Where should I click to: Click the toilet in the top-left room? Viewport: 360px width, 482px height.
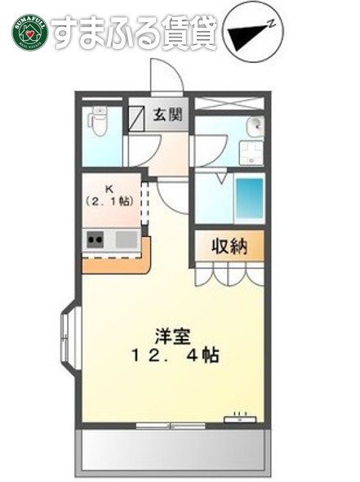click(99, 123)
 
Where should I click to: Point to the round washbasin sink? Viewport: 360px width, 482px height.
click(255, 125)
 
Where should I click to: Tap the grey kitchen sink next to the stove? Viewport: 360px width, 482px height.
click(126, 239)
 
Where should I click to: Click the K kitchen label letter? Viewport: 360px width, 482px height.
click(110, 187)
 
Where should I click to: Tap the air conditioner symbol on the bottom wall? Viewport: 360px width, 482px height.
click(242, 419)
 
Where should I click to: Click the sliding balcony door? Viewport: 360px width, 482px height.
click(171, 425)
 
